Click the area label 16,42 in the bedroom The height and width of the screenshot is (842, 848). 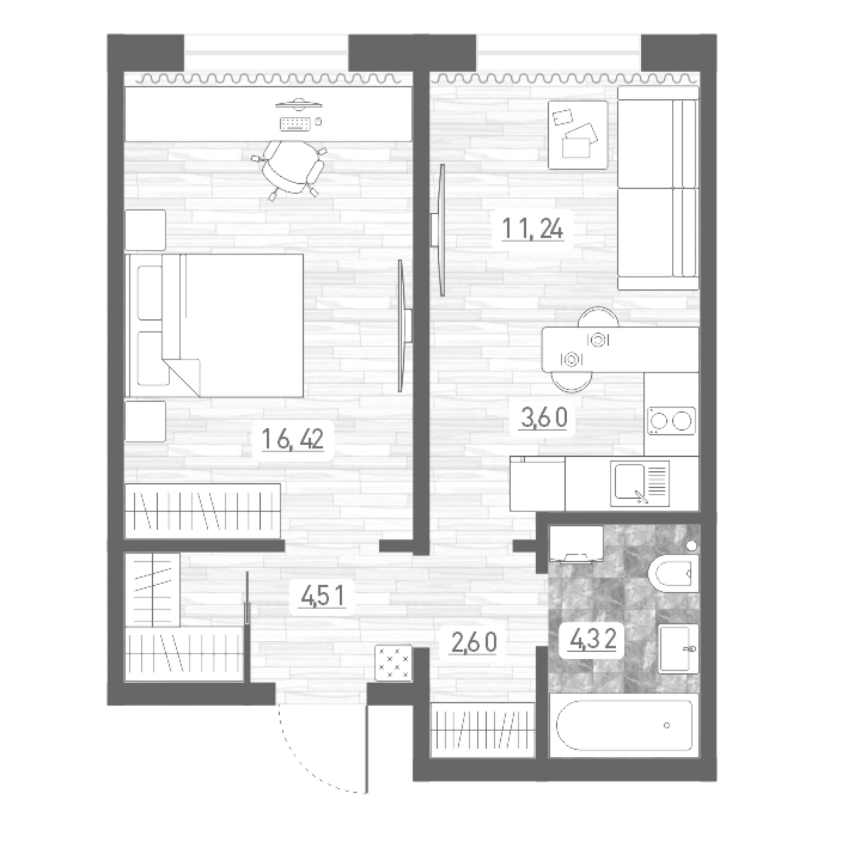pyautogui.click(x=293, y=440)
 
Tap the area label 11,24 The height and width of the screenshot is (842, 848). pyautogui.click(x=532, y=229)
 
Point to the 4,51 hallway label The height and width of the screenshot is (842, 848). pyautogui.click(x=323, y=597)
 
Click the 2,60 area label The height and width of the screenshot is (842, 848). pyautogui.click(x=474, y=643)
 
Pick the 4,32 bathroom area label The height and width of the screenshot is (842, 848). pyautogui.click(x=593, y=639)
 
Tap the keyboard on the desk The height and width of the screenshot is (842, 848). pyautogui.click(x=295, y=124)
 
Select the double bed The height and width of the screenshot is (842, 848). pyautogui.click(x=214, y=325)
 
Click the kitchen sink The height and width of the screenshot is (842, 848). pyautogui.click(x=639, y=483)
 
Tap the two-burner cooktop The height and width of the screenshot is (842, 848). pyautogui.click(x=671, y=420)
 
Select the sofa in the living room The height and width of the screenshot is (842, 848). pyautogui.click(x=658, y=188)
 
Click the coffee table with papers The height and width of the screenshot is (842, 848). pyautogui.click(x=578, y=135)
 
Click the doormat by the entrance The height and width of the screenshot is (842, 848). pyautogui.click(x=393, y=663)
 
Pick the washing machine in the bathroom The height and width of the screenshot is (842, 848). pyautogui.click(x=576, y=543)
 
